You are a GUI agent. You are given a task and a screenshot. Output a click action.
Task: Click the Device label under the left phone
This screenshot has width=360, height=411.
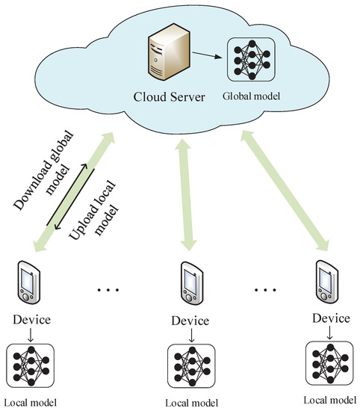tap(30, 321)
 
